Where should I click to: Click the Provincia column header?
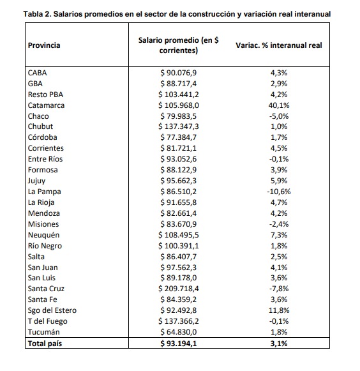pos(44,45)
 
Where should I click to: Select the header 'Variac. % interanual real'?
pos(279,45)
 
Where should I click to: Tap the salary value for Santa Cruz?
pos(179,289)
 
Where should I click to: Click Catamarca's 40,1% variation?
pos(279,105)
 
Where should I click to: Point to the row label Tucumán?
pos(44,332)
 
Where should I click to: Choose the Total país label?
pos(45,344)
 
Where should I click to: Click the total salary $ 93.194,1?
pos(179,344)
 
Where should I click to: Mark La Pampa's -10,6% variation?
pos(279,192)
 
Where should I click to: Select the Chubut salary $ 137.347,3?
pos(179,126)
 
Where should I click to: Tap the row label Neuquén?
pos(44,235)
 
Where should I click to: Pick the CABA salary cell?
pos(179,73)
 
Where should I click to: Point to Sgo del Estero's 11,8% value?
pos(279,310)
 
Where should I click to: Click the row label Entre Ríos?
pos(45,159)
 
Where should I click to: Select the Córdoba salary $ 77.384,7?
pos(179,137)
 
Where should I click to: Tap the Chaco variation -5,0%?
pos(279,116)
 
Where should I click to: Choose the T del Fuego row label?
pos(47,321)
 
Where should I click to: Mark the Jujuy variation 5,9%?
pos(279,181)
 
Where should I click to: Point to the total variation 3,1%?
pos(279,344)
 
